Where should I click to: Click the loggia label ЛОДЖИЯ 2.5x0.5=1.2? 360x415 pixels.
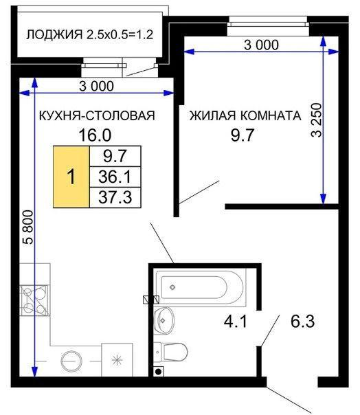tap(90, 34)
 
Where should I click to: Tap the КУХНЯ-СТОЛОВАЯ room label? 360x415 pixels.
tap(97, 115)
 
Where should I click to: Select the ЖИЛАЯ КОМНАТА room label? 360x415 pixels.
tap(245, 115)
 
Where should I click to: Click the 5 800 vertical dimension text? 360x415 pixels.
tap(28, 227)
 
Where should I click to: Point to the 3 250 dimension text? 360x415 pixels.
tap(316, 120)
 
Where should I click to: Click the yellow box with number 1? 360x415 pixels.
tap(71, 177)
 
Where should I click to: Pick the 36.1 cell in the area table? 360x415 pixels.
tap(115, 177)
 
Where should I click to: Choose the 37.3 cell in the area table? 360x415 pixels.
tap(115, 197)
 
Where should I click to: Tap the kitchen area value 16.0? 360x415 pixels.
tap(95, 135)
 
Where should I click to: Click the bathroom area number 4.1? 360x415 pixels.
tap(236, 322)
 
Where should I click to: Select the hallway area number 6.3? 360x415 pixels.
tap(302, 322)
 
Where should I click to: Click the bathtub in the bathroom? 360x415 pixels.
tap(201, 287)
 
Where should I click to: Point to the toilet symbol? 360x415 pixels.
tap(170, 352)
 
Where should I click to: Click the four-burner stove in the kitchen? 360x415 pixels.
tap(34, 300)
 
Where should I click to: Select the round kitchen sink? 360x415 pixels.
tap(71, 361)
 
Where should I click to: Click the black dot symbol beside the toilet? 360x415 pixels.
tap(159, 371)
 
